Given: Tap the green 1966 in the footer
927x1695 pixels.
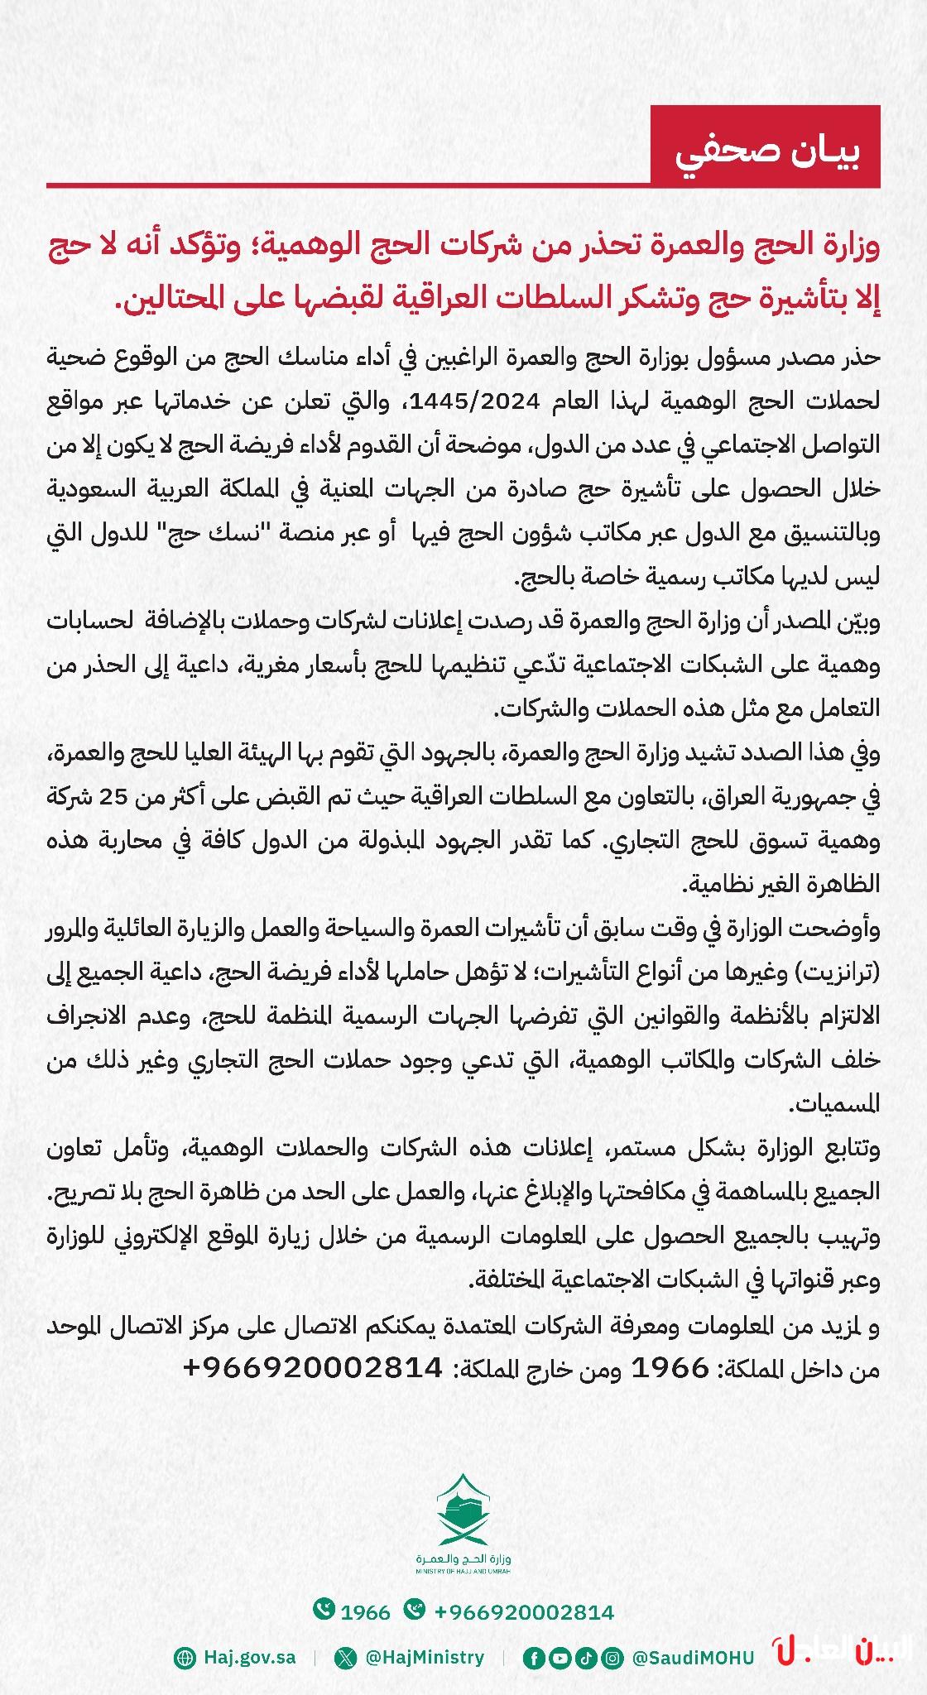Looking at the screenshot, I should coord(365,1612).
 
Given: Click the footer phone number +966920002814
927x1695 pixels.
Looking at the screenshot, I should coord(523,1612).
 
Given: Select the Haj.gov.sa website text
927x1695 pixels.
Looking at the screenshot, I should coord(249,1658).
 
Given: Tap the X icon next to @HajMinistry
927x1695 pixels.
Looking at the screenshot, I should coord(344,1658).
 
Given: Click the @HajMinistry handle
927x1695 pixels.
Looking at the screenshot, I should coord(424,1658).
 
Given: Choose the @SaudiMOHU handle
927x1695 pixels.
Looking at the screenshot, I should coord(693,1658).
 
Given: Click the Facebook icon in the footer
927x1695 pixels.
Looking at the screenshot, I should coord(534,1658).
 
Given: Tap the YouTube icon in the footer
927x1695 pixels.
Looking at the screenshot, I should coord(560,1658).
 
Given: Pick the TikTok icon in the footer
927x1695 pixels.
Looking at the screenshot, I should coord(585,1658).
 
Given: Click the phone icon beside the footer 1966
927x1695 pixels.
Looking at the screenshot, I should coord(323,1611).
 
